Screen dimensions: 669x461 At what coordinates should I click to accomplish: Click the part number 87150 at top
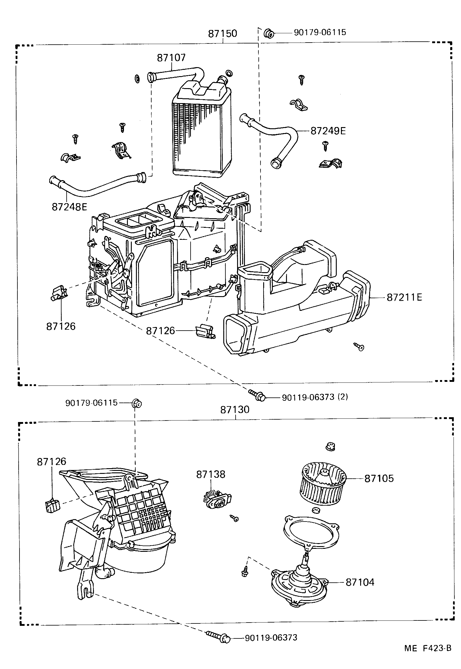pyautogui.click(x=222, y=33)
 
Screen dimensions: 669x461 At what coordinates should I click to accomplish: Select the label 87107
pyautogui.click(x=171, y=58)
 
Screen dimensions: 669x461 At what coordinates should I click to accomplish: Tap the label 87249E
pyautogui.click(x=328, y=131)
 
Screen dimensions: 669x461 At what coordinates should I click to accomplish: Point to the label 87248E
pyautogui.click(x=69, y=207)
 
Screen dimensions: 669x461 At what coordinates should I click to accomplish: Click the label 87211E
pyautogui.click(x=404, y=297)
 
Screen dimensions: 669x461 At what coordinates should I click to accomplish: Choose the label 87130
pyautogui.click(x=235, y=410)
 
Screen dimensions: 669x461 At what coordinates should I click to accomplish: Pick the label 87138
pyautogui.click(x=210, y=474)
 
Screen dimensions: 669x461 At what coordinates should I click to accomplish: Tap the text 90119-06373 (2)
pyautogui.click(x=315, y=397)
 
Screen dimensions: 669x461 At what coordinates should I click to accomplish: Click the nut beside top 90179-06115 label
pyautogui.click(x=269, y=34)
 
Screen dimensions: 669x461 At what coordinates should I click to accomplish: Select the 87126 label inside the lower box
pyautogui.click(x=51, y=461)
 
